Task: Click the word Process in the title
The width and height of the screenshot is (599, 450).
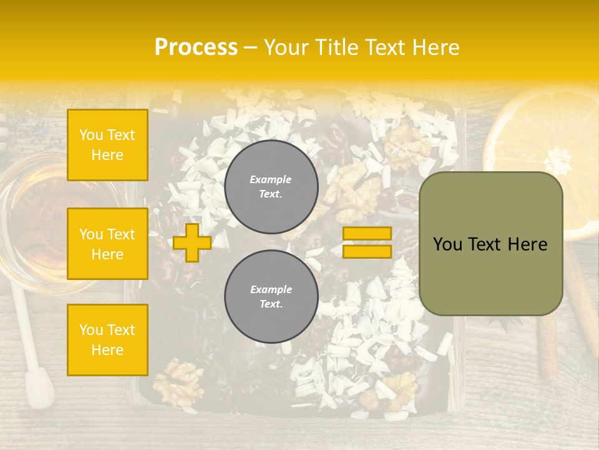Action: [196, 47]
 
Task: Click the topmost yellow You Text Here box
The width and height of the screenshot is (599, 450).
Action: [107, 145]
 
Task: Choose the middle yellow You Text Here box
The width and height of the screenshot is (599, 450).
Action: [107, 244]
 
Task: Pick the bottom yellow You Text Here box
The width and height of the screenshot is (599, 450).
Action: [107, 340]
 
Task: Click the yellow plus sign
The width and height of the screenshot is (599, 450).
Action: [192, 242]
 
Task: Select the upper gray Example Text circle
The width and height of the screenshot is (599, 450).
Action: [271, 187]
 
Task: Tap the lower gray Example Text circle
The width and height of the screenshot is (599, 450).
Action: [271, 297]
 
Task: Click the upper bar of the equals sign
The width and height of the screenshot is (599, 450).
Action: [367, 233]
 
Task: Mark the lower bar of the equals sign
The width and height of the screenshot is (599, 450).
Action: [367, 251]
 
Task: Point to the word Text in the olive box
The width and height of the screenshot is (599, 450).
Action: [489, 244]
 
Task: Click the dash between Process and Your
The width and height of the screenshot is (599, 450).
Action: [251, 47]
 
